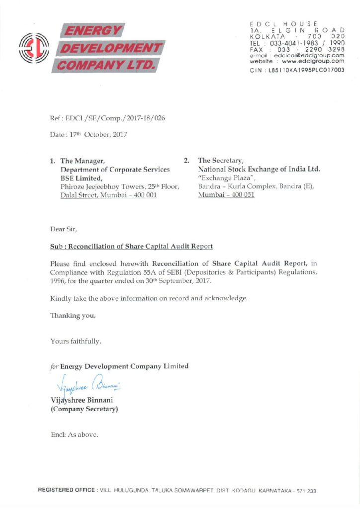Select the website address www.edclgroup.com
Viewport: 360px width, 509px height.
pos(312,62)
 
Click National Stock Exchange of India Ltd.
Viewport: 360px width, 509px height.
pos(259,170)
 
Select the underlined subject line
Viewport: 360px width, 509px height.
pos(132,246)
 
